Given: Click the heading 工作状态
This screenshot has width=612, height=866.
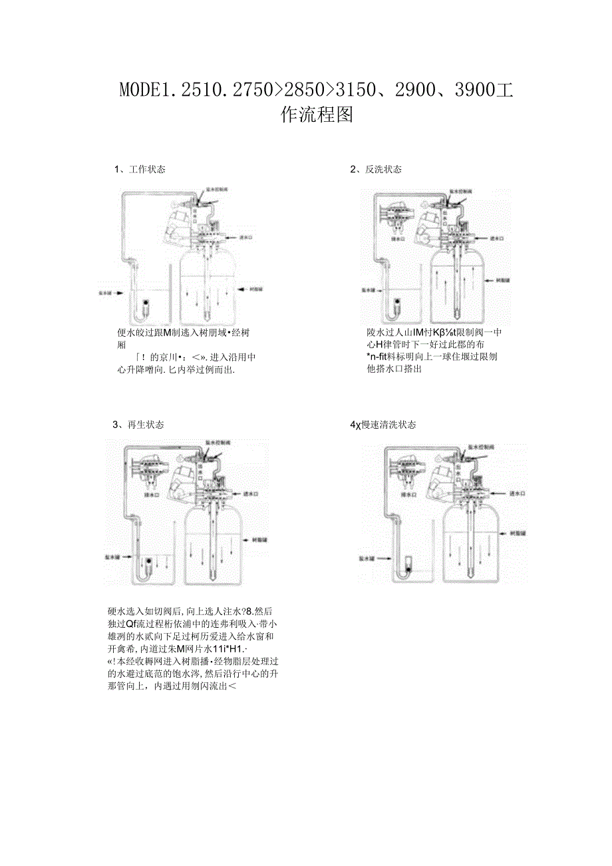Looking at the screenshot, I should click(147, 170).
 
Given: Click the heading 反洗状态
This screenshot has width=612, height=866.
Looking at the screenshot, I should click(383, 170).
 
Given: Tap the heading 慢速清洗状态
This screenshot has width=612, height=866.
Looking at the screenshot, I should click(390, 425).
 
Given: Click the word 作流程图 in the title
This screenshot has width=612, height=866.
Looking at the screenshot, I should click(317, 114).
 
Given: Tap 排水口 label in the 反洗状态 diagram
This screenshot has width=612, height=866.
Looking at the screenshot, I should click(398, 238).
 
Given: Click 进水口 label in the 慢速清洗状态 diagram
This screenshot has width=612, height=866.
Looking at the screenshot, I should click(518, 494).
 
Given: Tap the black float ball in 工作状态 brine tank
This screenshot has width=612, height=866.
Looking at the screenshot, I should click(146, 304).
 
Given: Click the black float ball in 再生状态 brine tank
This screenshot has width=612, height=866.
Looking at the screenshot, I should click(148, 562).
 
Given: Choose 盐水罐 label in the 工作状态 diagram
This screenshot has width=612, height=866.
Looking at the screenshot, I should click(106, 292).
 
